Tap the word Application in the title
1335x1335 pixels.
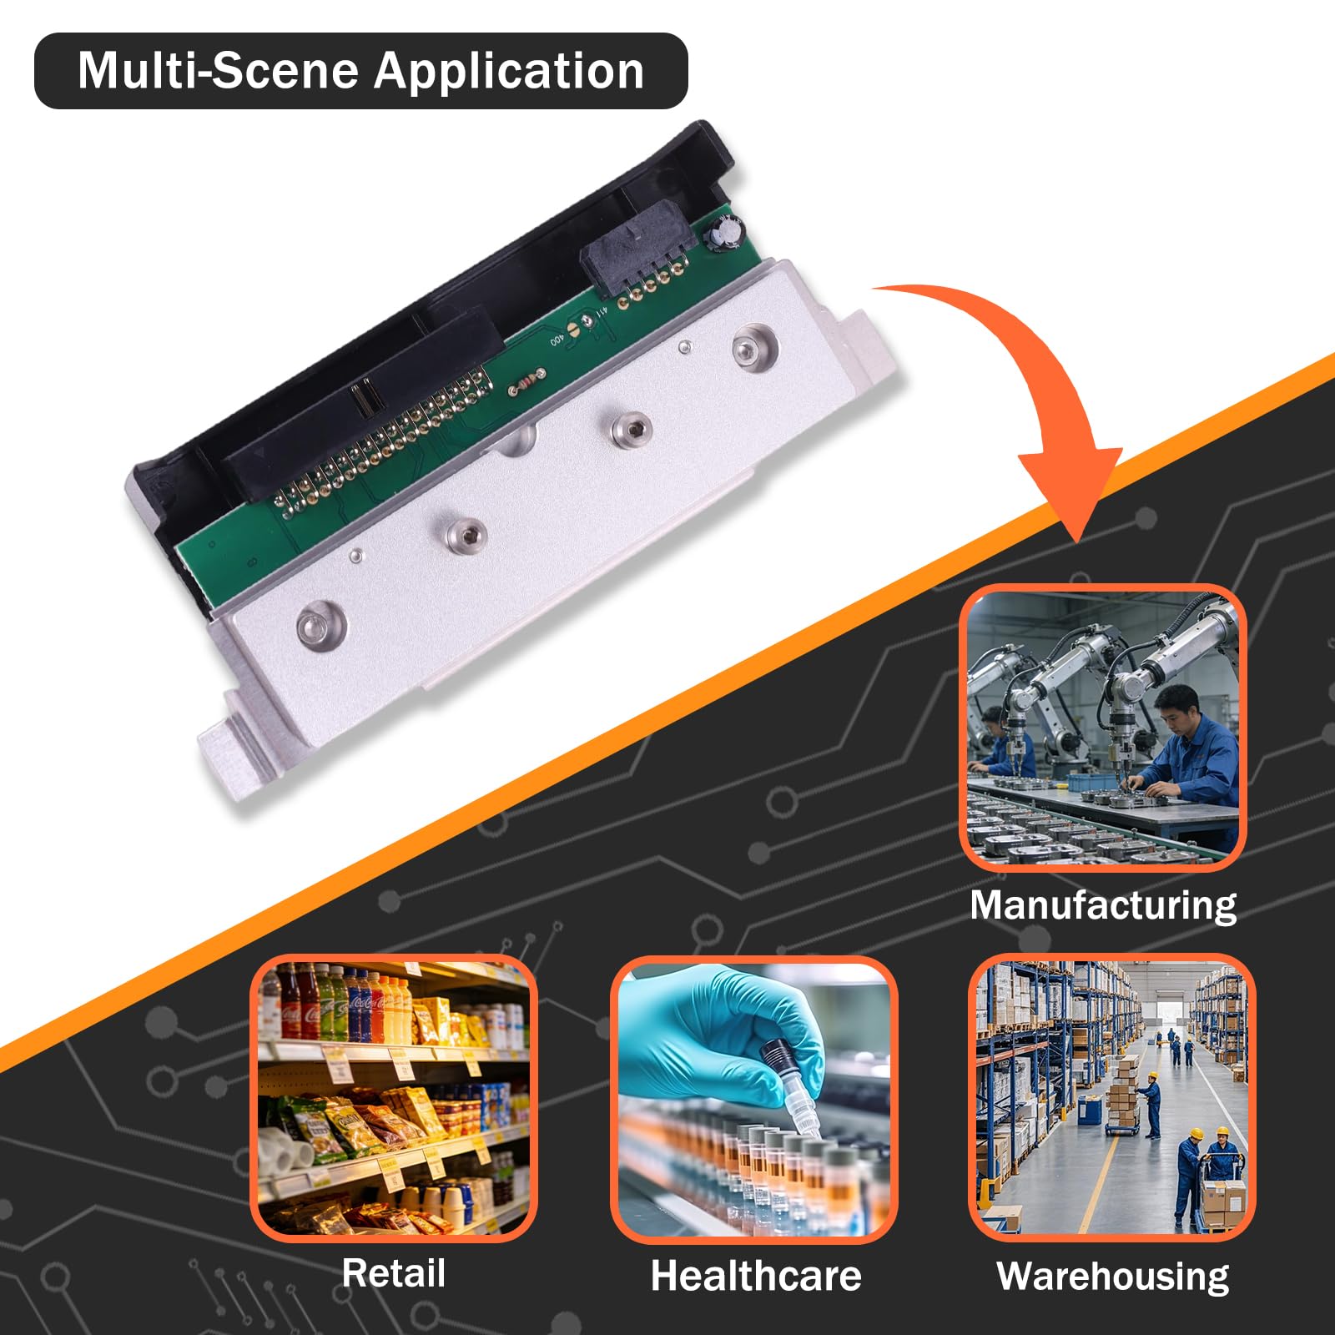point(509,72)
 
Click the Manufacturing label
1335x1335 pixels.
point(1103,906)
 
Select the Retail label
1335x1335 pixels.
point(393,1273)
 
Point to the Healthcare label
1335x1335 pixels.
point(756,1276)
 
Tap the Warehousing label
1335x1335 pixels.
point(1113,1277)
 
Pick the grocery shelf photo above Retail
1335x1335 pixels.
point(394,1098)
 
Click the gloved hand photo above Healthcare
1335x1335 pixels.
point(754,1100)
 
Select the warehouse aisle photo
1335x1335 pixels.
point(1112,1098)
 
